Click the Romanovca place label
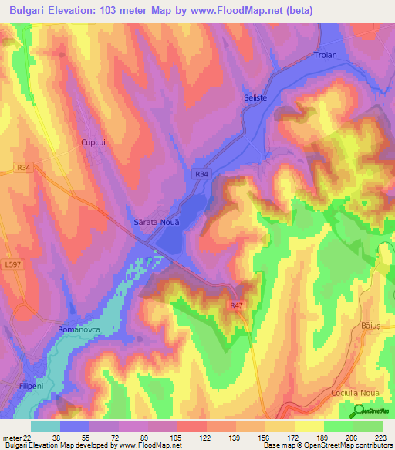[x=79, y=329]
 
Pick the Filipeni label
[x=33, y=384]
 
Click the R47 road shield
[x=236, y=305]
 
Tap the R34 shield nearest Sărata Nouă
[x=201, y=175]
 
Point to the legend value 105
[x=177, y=437]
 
